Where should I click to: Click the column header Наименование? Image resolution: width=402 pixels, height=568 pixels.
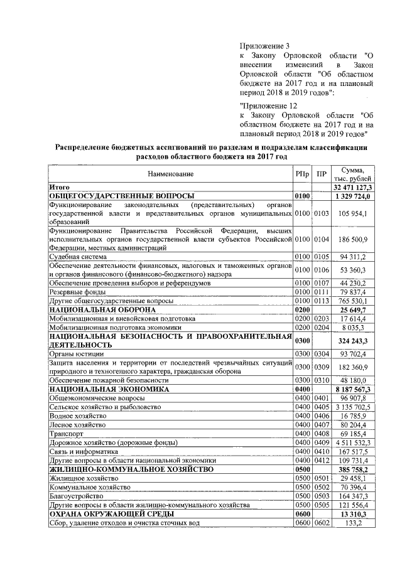(x=171, y=174)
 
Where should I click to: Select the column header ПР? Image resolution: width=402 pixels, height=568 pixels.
(x=322, y=174)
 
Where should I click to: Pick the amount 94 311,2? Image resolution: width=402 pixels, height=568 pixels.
(x=353, y=256)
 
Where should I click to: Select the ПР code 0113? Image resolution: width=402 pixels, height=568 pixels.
(x=322, y=301)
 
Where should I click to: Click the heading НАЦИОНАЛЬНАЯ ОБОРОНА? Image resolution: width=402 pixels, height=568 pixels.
(x=102, y=310)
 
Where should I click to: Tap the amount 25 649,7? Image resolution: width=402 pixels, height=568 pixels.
(x=356, y=310)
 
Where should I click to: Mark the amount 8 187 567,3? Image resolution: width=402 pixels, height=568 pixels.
(x=353, y=389)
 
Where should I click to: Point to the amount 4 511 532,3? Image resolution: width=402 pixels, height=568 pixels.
(x=353, y=442)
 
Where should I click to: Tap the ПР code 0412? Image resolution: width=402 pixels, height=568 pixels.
(x=322, y=460)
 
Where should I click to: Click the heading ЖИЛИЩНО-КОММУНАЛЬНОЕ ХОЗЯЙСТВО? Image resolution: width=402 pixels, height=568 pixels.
(x=131, y=469)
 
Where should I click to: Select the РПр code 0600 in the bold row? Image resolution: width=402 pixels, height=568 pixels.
(x=303, y=513)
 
